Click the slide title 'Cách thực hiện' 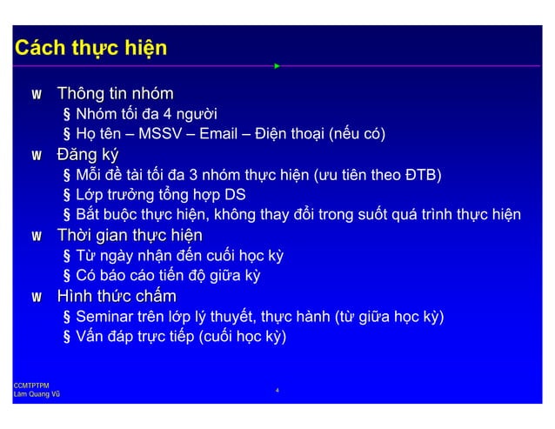coord(90,47)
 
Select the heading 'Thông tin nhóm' coord(115,93)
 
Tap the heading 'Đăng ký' coord(87,156)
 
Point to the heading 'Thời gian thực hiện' coord(129,236)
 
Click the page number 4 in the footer coord(277,390)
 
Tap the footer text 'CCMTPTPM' coord(30,384)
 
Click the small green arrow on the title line coord(277,65)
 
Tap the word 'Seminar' coord(104,316)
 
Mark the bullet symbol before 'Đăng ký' coord(37,157)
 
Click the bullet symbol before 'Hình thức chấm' coord(37,298)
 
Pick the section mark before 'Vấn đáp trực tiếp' coord(67,336)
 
